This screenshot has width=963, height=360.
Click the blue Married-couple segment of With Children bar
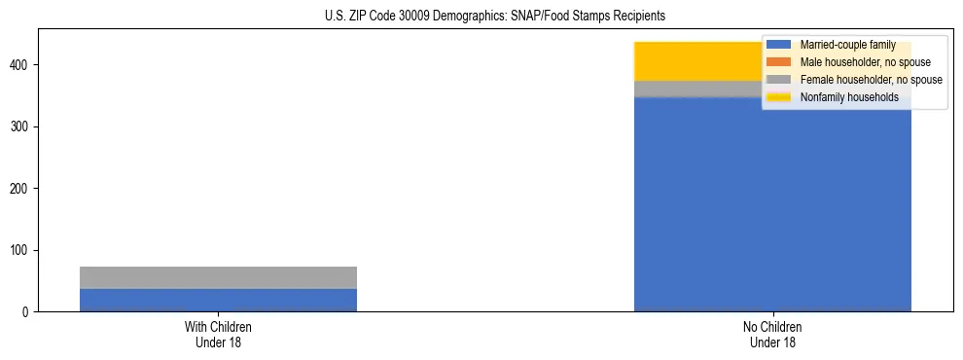pos(218,300)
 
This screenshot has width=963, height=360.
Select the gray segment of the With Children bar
pos(218,277)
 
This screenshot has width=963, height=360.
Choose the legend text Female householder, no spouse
pos(871,80)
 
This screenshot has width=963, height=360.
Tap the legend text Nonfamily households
pos(849,97)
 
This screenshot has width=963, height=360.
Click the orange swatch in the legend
pos(778,62)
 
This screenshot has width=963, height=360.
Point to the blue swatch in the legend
pos(778,45)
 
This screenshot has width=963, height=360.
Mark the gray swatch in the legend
pos(778,80)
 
